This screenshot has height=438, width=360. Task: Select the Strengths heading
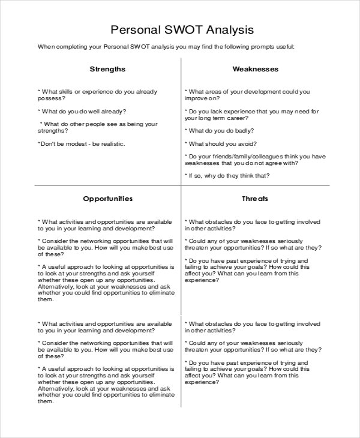coord(107,69)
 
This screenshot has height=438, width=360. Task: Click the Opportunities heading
coord(107,199)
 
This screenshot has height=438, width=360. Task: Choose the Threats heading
coord(255,199)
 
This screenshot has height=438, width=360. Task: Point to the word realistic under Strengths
coord(113,144)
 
